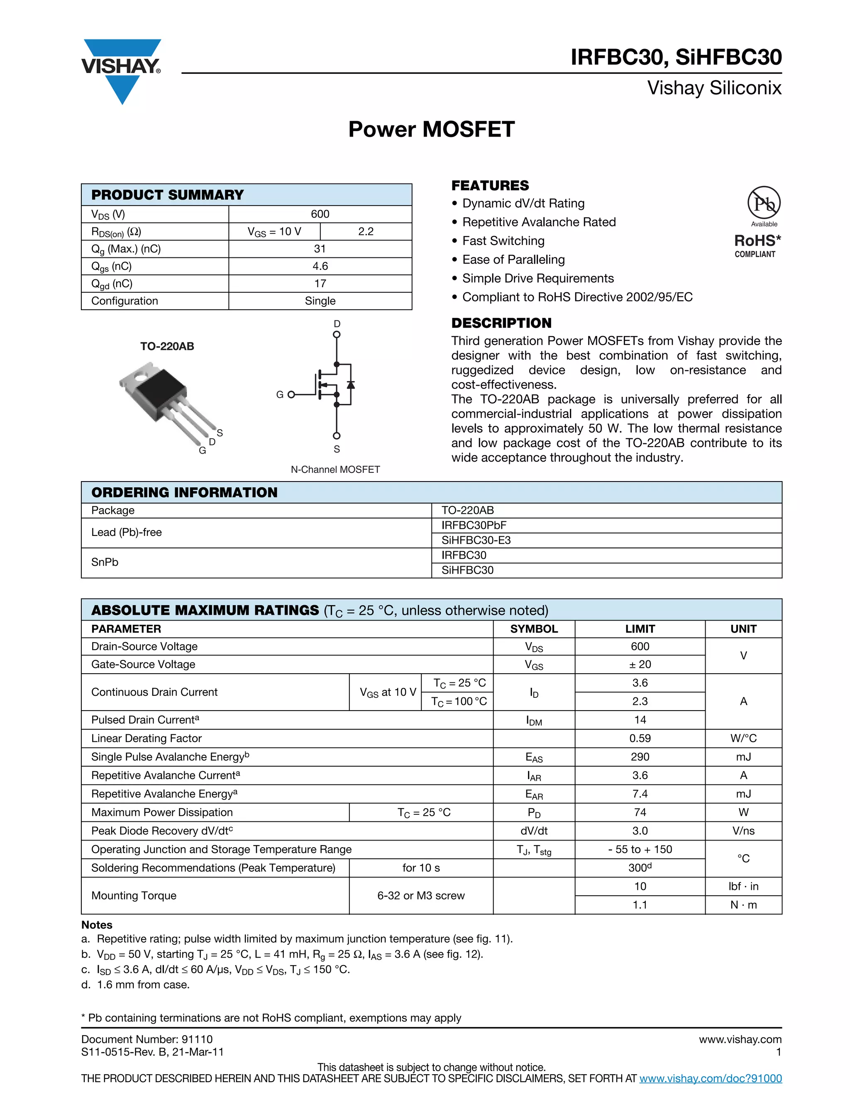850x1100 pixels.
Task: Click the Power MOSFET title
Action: [x=431, y=130]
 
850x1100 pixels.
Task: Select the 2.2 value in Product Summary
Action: [x=366, y=232]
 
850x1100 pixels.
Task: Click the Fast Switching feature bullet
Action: [x=503, y=241]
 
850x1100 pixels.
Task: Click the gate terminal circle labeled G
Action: [x=291, y=394]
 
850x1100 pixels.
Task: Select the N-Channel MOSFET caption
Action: [x=335, y=469]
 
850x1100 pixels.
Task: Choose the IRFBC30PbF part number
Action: [x=474, y=526]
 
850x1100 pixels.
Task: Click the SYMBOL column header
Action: [x=534, y=629]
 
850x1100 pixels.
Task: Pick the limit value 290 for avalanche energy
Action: [x=640, y=757]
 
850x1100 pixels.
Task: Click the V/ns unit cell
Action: [x=743, y=831]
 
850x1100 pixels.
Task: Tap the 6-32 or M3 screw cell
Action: [x=421, y=895]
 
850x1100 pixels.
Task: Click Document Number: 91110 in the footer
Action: [x=147, y=1039]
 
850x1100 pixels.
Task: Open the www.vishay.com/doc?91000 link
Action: [x=710, y=1078]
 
